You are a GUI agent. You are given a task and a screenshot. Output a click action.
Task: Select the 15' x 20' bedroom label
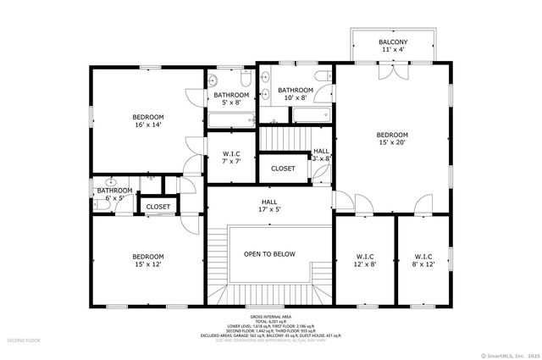[392, 139]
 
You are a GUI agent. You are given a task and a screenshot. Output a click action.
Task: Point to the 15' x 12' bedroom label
[147, 260]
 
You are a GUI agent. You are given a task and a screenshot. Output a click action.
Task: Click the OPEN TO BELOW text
[269, 253]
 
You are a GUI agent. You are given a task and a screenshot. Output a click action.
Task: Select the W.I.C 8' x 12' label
[423, 260]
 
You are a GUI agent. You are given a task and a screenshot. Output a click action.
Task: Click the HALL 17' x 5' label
[269, 204]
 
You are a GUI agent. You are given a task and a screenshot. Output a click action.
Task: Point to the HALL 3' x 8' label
[322, 154]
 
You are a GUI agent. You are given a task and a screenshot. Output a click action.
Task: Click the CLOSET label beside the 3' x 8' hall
[283, 169]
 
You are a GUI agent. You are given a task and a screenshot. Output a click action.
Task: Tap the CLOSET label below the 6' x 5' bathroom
[158, 207]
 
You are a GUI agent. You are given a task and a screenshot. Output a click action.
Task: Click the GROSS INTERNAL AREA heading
[270, 315]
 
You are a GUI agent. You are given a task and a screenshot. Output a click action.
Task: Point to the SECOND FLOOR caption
[25, 340]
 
